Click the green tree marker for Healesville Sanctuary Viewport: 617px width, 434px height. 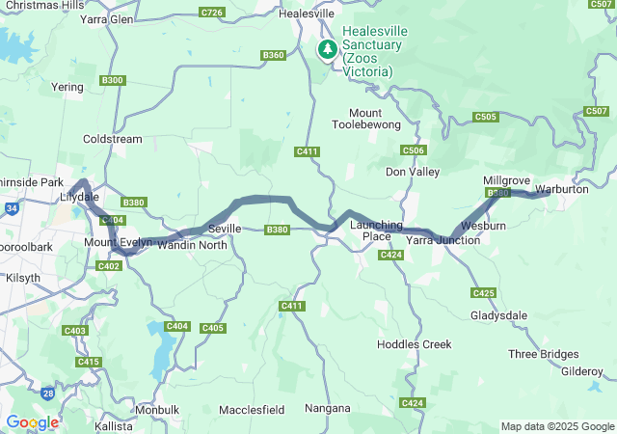(328, 49)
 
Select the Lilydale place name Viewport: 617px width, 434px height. (74, 198)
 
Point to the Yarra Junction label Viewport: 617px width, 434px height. (443, 240)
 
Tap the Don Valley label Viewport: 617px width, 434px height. (412, 172)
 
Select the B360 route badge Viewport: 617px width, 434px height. (273, 56)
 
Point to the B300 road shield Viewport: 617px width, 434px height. (112, 80)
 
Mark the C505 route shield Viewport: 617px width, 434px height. (486, 117)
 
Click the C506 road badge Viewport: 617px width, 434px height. (413, 150)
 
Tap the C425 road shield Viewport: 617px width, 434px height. (483, 292)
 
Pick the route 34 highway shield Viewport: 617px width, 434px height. (11, 206)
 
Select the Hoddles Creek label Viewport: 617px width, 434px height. (414, 344)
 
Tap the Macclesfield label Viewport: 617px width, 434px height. (252, 409)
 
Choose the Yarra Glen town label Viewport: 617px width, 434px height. (107, 18)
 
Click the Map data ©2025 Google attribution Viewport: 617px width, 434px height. (556, 426)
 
